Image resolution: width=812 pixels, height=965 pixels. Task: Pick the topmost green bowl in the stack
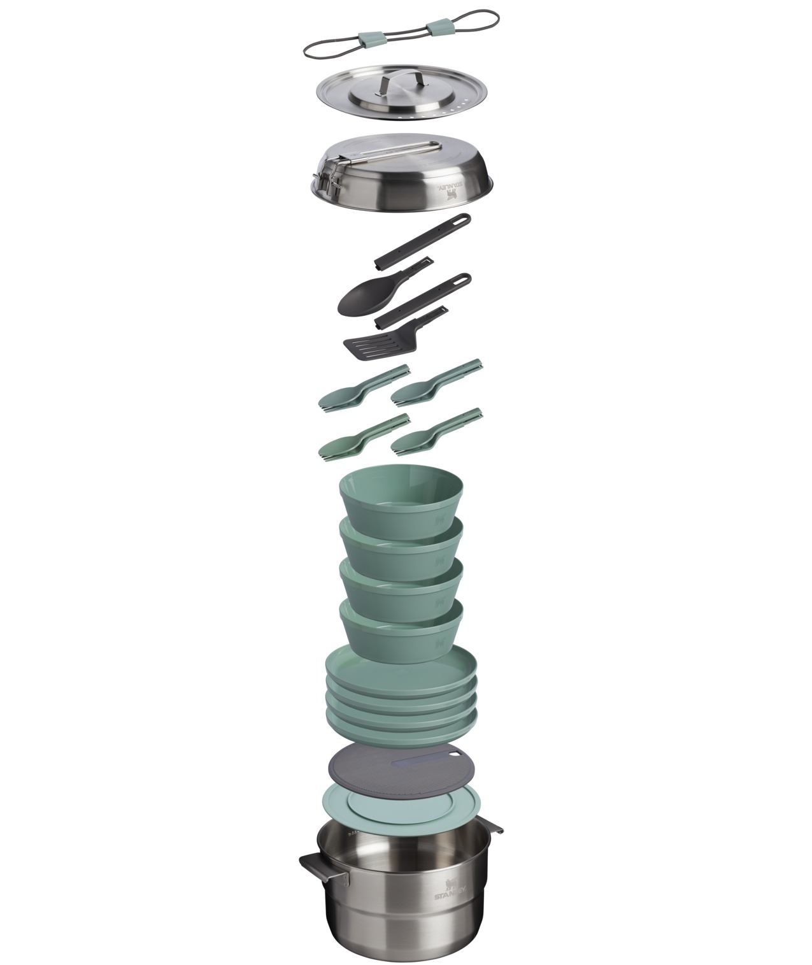[x=401, y=503]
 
